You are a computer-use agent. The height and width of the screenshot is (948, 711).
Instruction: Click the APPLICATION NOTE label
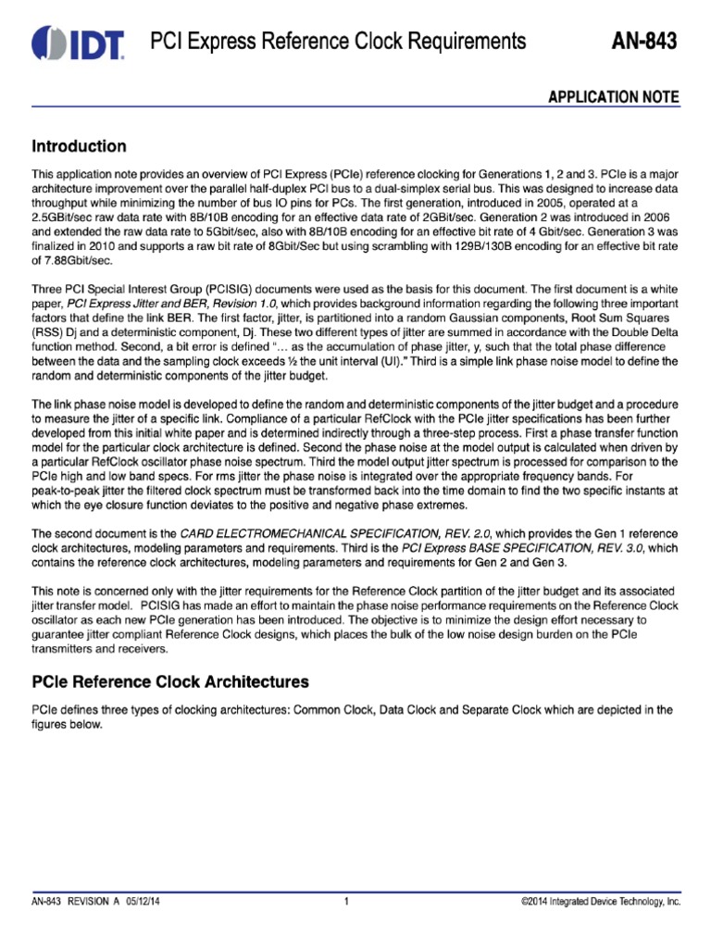[x=616, y=97]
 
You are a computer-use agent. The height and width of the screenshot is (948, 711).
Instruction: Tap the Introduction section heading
[x=79, y=146]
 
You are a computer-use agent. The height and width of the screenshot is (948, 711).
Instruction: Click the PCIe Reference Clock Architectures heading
[x=170, y=681]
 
